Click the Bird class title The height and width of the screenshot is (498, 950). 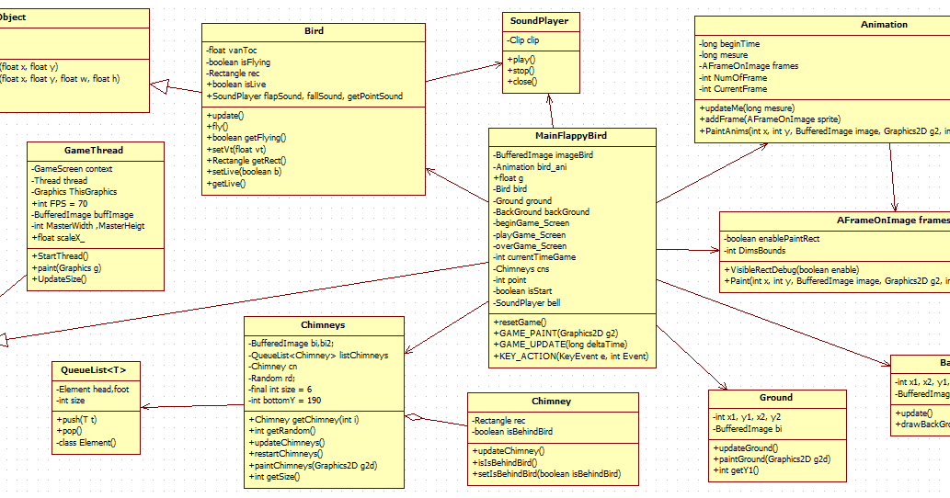click(314, 31)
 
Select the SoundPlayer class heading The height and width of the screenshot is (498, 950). click(540, 20)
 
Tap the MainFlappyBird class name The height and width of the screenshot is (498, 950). click(571, 136)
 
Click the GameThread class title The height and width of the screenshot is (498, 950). click(94, 150)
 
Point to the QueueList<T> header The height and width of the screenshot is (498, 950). click(95, 369)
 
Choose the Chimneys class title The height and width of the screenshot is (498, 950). click(323, 324)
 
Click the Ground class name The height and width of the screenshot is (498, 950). click(776, 398)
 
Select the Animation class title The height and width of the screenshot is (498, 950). click(883, 25)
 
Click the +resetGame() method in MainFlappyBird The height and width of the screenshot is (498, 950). click(520, 322)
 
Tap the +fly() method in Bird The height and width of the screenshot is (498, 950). click(219, 126)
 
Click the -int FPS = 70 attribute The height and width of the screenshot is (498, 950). click(62, 203)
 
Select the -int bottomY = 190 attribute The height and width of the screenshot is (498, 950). click(286, 401)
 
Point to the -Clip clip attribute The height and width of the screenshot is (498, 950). click(524, 41)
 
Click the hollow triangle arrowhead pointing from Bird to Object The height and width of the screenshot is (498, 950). click(158, 85)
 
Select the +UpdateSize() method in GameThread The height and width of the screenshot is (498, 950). click(60, 278)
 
